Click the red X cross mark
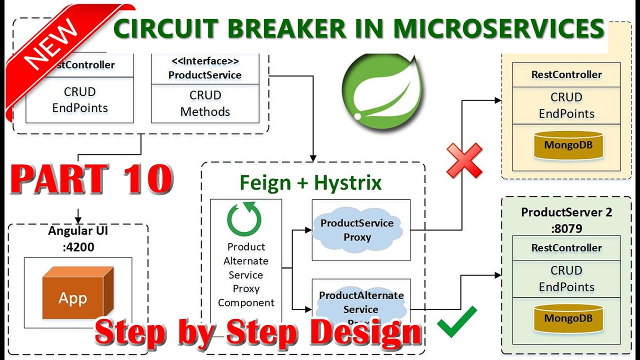tap(464, 160)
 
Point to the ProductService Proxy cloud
tap(357, 229)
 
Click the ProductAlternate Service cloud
tap(361, 302)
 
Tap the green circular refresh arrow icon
tap(244, 218)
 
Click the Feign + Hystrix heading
tap(310, 183)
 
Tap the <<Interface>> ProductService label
tap(205, 68)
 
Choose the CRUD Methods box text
tap(205, 103)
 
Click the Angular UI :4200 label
tap(77, 238)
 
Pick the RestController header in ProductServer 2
tap(566, 248)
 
